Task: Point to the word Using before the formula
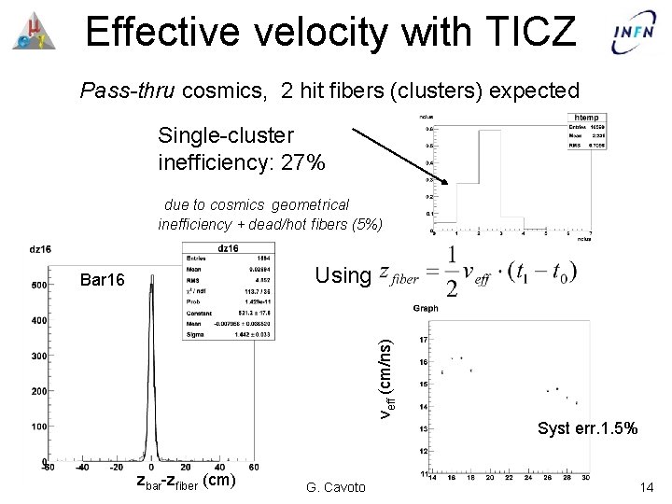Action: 343,275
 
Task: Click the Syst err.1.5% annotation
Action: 587,429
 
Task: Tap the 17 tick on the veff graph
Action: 425,338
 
